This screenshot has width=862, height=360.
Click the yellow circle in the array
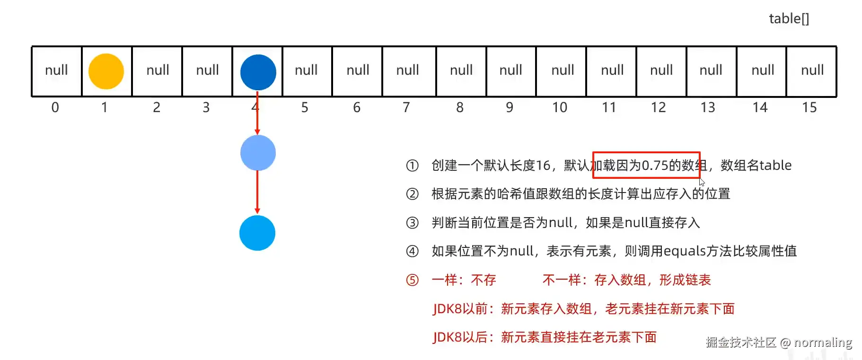pos(106,71)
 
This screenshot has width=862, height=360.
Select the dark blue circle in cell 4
pos(258,72)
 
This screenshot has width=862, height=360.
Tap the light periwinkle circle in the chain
pos(258,153)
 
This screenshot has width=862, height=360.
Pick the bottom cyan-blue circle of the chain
pos(257,233)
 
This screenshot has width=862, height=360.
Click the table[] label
pos(789,19)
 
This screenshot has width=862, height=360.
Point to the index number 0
pos(55,108)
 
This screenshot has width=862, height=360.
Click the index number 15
pos(809,108)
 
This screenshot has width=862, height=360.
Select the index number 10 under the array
pos(559,108)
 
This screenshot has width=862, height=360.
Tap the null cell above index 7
pos(407,70)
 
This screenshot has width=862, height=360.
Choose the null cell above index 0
pos(56,70)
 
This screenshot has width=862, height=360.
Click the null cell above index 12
pos(661,70)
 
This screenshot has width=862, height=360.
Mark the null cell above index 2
pos(158,70)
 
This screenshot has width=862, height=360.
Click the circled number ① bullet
pos(412,166)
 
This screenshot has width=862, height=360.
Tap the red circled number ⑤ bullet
pos(412,280)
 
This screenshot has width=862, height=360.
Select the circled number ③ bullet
pos(412,223)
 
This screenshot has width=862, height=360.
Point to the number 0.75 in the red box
pos(654,166)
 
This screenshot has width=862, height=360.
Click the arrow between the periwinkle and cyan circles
pos(257,192)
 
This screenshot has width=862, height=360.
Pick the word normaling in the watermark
pos(823,342)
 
